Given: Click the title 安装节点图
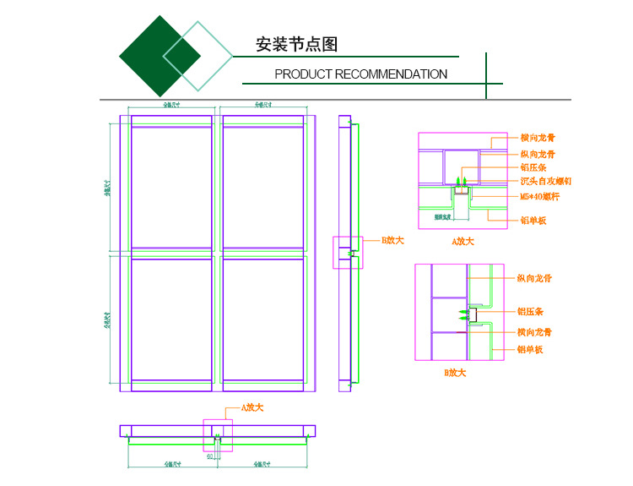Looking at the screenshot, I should click(x=296, y=45).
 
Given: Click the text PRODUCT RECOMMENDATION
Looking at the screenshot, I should click(x=360, y=74).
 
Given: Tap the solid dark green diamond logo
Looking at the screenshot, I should click(x=160, y=55).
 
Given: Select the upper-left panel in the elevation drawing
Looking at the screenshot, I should click(x=171, y=186).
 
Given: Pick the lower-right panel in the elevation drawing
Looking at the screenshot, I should click(x=262, y=319).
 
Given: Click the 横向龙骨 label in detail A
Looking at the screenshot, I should click(x=538, y=137).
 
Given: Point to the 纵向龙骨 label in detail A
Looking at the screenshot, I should click(x=538, y=154).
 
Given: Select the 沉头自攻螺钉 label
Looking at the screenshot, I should click(x=546, y=181).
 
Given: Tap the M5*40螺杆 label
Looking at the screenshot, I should click(x=540, y=197).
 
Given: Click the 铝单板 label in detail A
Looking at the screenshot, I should click(x=533, y=221).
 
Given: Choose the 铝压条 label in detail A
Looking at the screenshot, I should click(x=533, y=167).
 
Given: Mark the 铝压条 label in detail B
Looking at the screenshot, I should click(x=529, y=312).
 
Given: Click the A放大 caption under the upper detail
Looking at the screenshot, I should click(x=463, y=242).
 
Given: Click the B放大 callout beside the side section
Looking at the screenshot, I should click(x=392, y=241).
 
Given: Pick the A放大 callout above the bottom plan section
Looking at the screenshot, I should click(x=252, y=407).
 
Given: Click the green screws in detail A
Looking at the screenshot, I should click(x=460, y=181).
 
